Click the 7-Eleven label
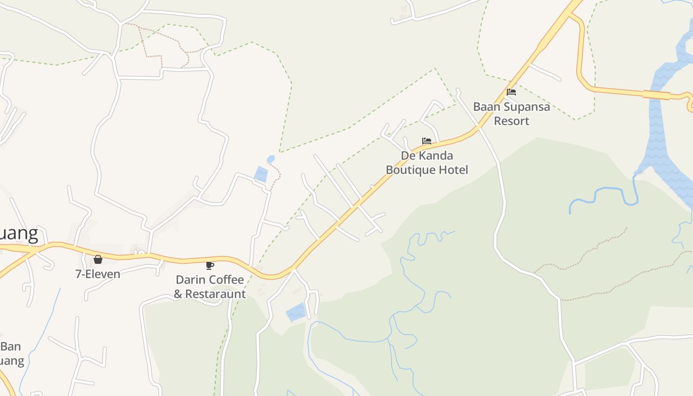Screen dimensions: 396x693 [98, 274]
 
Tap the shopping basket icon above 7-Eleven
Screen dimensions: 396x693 [98, 259]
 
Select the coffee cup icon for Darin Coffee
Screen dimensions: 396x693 [210, 265]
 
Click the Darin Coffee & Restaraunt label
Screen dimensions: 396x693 [210, 287]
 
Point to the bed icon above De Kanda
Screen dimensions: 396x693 [426, 141]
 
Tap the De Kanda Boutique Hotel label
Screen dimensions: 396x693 [427, 163]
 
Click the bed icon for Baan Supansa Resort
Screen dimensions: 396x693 [511, 92]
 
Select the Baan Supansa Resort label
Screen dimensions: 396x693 [511, 114]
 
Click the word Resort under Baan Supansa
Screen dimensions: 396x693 [511, 121]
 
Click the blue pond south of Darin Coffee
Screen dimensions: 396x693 [296, 312]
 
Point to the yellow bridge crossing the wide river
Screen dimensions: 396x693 [656, 95]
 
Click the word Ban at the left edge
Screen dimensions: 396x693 [10, 346]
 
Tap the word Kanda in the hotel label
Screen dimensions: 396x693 [434, 155]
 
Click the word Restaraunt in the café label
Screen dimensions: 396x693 [216, 294]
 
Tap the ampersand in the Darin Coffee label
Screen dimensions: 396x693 [178, 294]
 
